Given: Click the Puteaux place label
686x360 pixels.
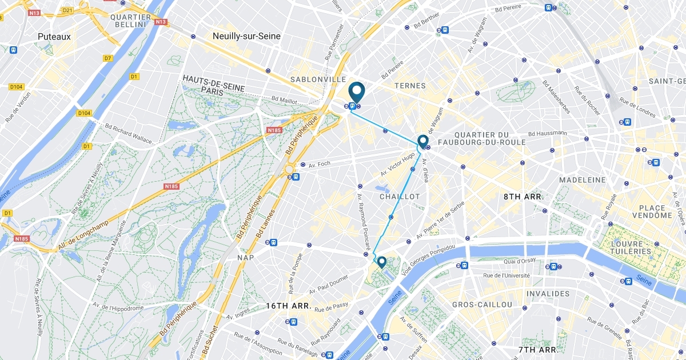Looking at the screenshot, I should [x=54, y=37].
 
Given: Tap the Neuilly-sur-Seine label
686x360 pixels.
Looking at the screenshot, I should [x=246, y=36].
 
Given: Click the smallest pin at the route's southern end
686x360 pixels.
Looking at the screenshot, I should [x=381, y=262].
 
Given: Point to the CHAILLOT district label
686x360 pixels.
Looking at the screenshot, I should [x=400, y=197].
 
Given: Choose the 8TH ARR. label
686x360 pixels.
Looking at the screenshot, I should [x=523, y=197].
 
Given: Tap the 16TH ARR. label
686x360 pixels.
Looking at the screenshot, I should [x=289, y=306].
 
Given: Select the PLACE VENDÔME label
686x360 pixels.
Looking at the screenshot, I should [x=652, y=211].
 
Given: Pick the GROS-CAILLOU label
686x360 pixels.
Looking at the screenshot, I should [x=482, y=305].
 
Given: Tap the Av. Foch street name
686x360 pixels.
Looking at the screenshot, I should [x=320, y=164].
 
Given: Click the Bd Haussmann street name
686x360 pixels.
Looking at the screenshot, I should [x=548, y=133].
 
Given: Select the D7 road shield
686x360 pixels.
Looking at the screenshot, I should [x=108, y=58].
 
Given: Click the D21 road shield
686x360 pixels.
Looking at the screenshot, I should [x=68, y=10].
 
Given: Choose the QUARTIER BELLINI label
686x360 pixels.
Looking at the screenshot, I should [x=130, y=21].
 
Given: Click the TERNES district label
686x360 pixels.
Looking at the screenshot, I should [x=410, y=86].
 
